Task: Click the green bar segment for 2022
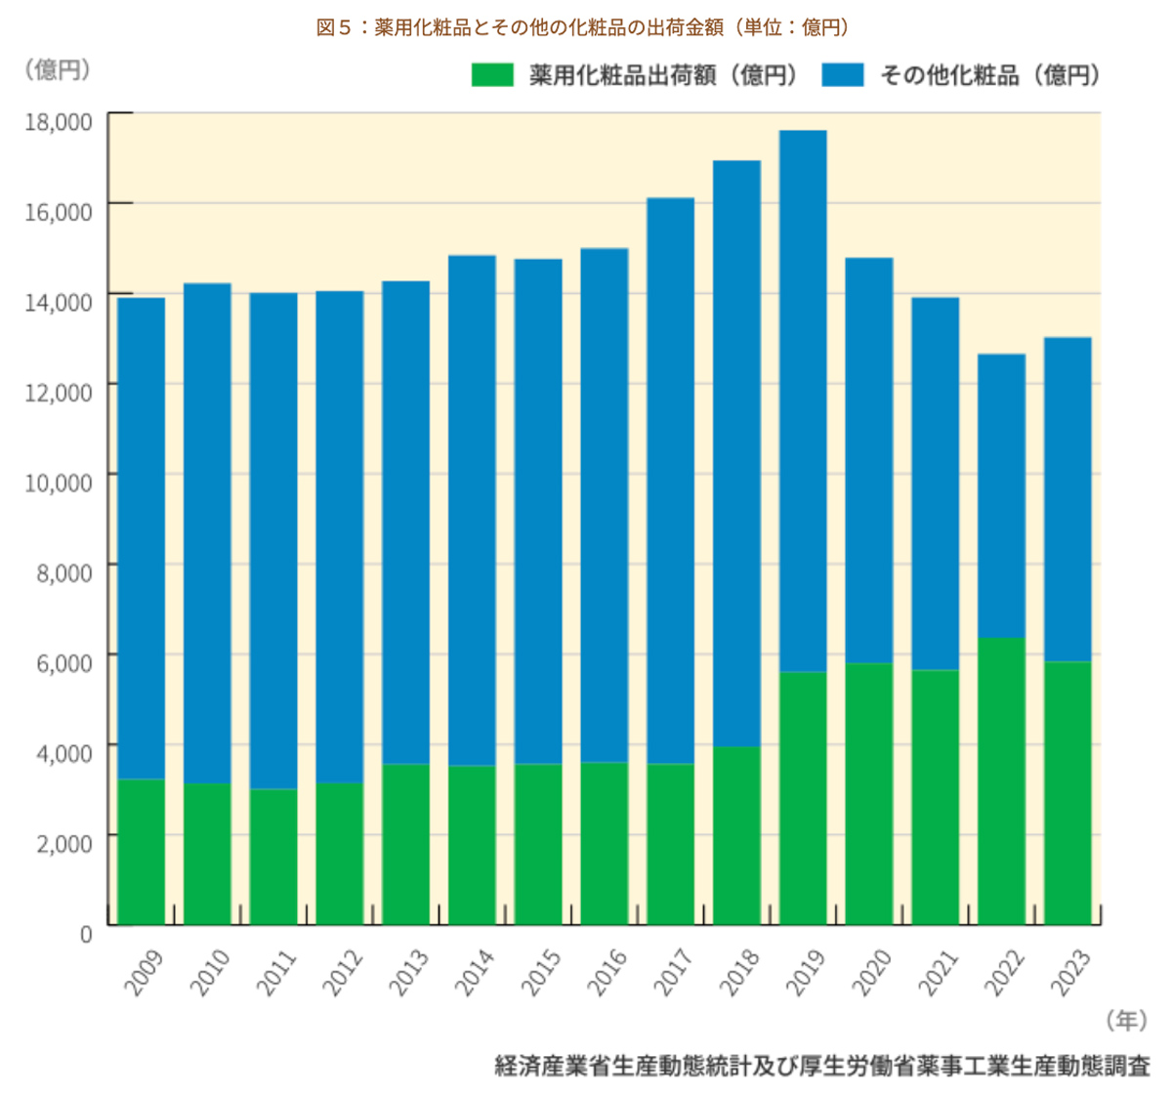(x=1001, y=781)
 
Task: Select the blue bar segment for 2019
(x=803, y=401)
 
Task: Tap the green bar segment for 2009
(x=142, y=851)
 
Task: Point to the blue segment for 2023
(x=1067, y=499)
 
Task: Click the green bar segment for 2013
(x=406, y=844)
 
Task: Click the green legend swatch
(x=492, y=75)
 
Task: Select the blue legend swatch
(x=843, y=75)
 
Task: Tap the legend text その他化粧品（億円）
(x=989, y=75)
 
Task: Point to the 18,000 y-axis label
(x=59, y=121)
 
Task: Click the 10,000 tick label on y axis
(x=59, y=482)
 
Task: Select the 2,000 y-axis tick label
(x=64, y=842)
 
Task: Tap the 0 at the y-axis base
(x=86, y=933)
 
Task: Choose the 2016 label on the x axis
(x=607, y=972)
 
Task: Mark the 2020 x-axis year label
(x=872, y=972)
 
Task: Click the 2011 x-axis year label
(x=275, y=972)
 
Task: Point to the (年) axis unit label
(x=1126, y=1021)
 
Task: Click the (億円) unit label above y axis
(x=58, y=69)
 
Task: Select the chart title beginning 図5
(x=583, y=27)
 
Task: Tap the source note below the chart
(x=822, y=1066)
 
